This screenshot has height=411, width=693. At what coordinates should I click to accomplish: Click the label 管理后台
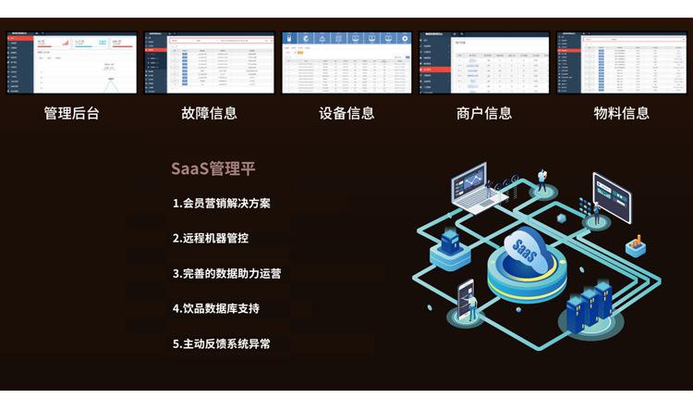(71, 113)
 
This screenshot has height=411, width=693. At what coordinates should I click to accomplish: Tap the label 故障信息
(209, 113)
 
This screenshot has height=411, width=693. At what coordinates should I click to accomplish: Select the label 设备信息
(346, 113)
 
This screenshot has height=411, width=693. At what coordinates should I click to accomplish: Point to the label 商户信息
(484, 113)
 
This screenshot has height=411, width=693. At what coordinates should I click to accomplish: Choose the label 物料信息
(622, 113)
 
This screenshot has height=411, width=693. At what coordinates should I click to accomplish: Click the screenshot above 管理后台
(72, 63)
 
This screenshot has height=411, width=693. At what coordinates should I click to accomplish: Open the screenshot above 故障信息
(209, 63)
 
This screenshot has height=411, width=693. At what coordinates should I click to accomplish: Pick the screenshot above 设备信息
(346, 63)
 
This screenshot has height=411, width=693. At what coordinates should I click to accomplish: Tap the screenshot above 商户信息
(484, 63)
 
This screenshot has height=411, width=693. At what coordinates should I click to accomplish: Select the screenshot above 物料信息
(622, 63)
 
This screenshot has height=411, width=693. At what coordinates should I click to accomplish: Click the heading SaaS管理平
(213, 169)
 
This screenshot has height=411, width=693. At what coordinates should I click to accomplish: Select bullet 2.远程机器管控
(211, 238)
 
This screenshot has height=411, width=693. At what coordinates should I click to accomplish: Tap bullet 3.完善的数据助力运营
(227, 273)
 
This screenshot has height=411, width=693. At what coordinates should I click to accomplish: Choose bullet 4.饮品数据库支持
(216, 308)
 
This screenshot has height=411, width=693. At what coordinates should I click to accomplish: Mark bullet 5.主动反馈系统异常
(222, 343)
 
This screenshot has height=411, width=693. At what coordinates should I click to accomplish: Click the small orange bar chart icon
(635, 245)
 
